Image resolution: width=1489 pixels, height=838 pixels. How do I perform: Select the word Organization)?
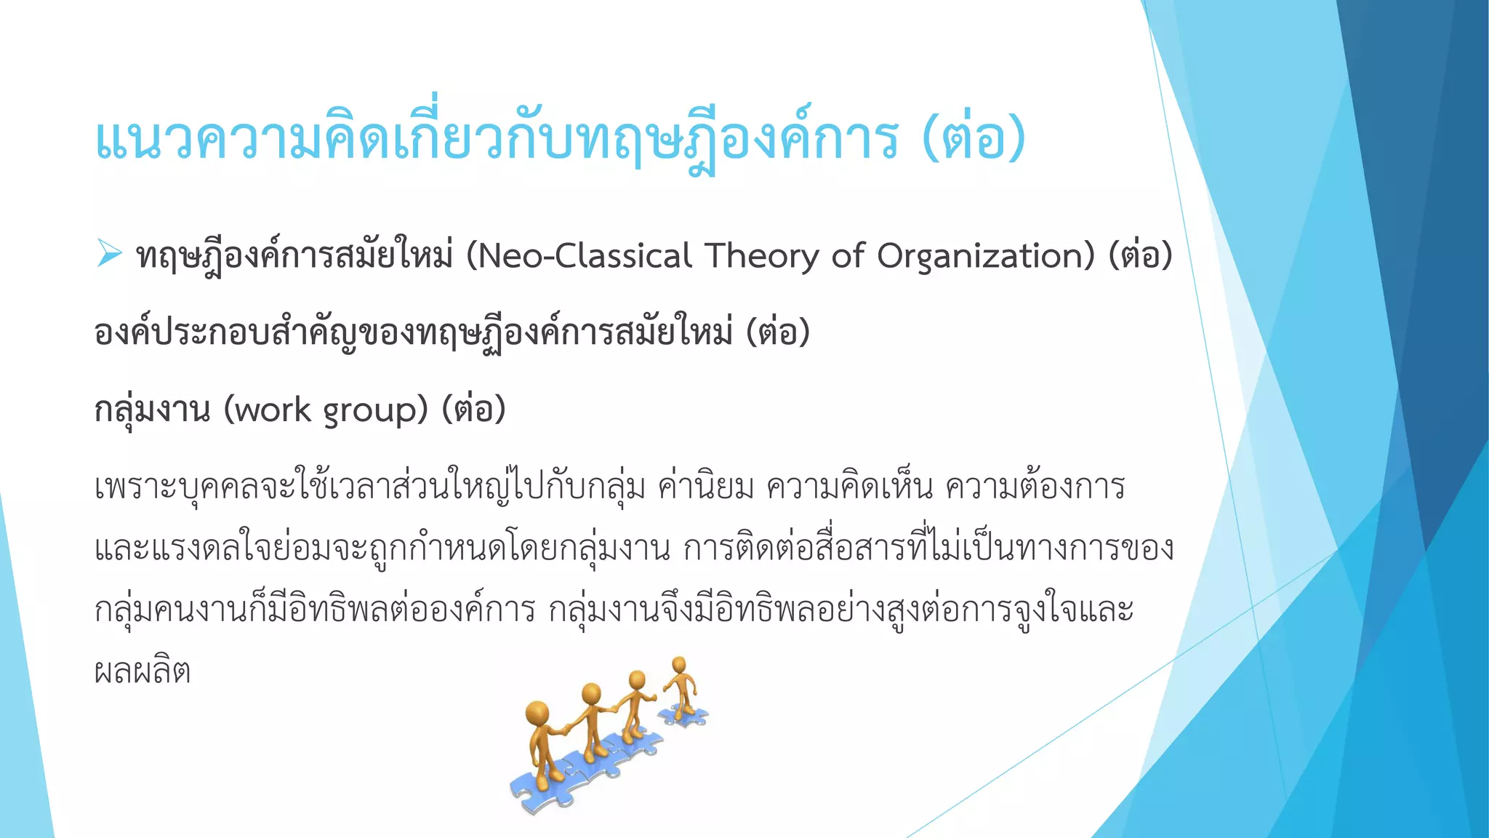click(x=985, y=256)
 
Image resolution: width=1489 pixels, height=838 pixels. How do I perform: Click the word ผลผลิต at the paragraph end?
click(x=143, y=671)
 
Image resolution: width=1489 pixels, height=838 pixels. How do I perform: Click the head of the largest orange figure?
click(x=537, y=714)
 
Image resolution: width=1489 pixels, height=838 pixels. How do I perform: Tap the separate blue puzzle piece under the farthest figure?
click(x=683, y=716)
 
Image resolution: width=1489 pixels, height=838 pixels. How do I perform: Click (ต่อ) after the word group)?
click(x=473, y=410)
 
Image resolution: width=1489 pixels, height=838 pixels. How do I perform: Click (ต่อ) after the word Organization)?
click(x=1140, y=256)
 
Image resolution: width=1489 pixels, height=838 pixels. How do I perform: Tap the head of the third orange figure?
click(x=638, y=680)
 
